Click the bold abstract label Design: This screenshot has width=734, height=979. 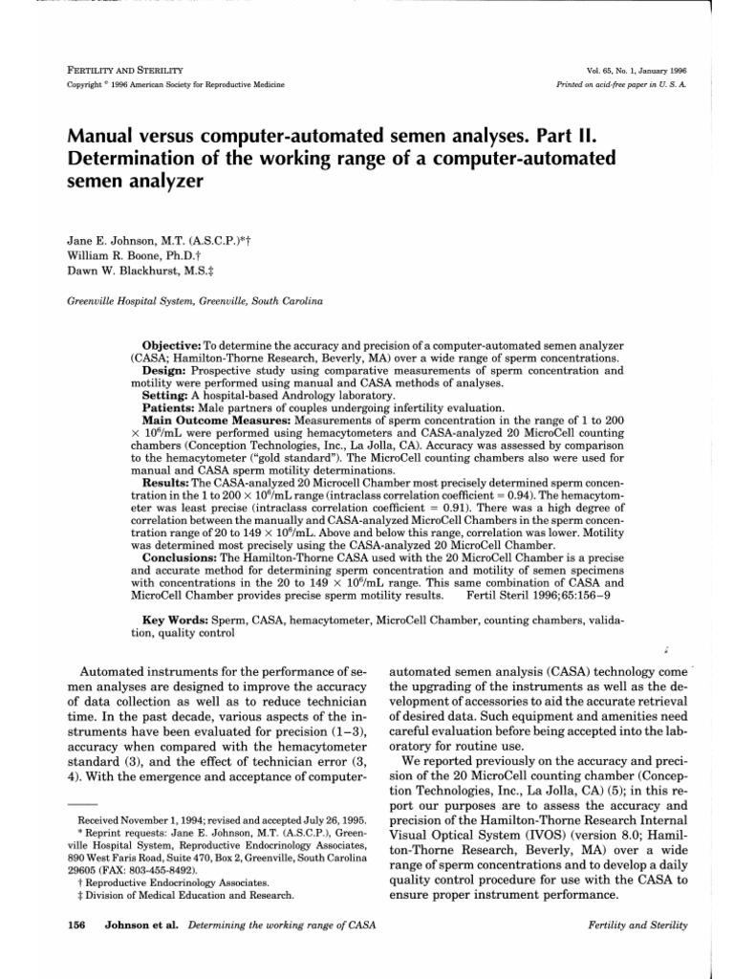pos(166,368)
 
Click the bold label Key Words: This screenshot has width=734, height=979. pos(179,620)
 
